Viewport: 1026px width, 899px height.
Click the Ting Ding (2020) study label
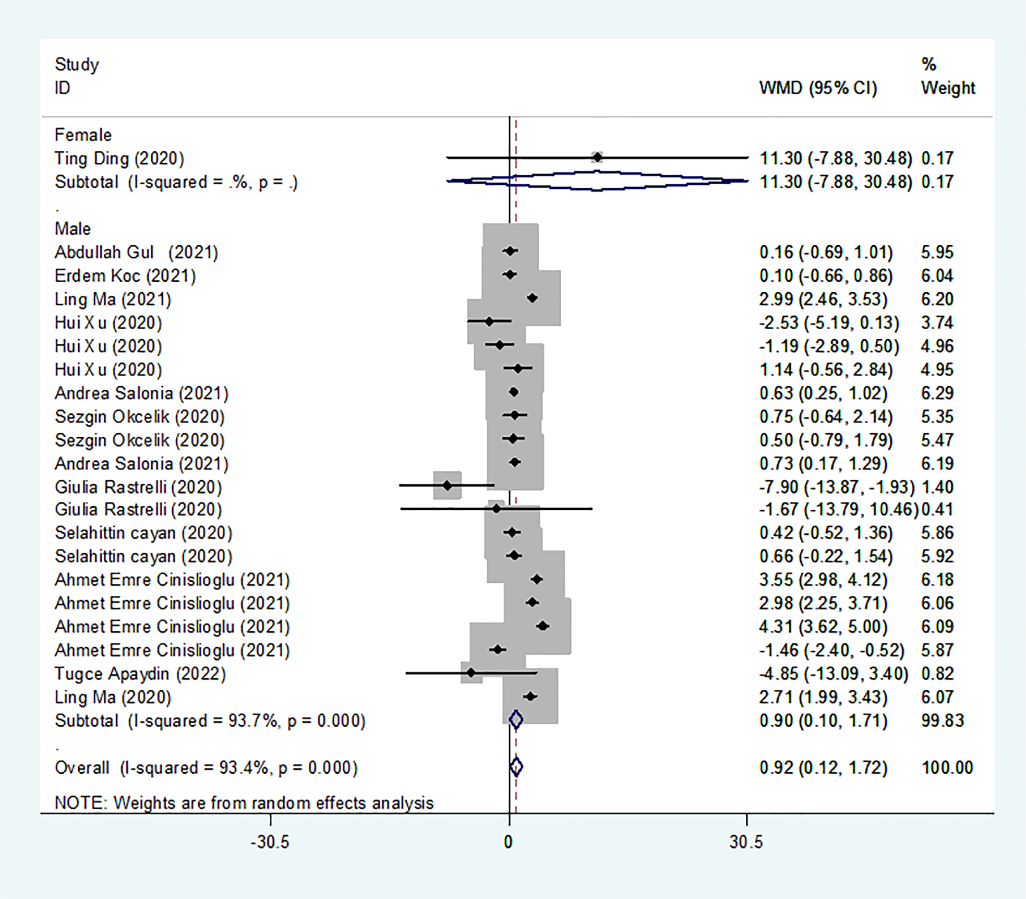(119, 158)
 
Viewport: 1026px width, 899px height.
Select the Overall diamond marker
(516, 766)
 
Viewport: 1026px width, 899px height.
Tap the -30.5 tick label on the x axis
(270, 842)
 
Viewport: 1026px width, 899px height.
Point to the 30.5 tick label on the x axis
(746, 842)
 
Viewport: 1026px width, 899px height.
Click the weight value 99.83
(942, 721)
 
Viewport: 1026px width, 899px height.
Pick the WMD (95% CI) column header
(818, 88)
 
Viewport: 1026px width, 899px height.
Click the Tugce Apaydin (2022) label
(140, 674)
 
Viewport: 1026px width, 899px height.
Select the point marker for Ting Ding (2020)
(597, 157)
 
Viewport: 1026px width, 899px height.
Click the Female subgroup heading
(83, 135)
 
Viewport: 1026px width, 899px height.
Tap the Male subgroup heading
(73, 229)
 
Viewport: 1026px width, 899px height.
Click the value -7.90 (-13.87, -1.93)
(837, 487)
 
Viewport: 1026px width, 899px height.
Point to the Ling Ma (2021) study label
(113, 299)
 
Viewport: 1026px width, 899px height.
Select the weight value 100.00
(947, 768)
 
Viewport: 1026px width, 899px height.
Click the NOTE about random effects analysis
(244, 802)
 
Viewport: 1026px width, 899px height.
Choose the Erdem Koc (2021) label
(125, 275)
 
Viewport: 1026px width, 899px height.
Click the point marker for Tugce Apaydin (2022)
(471, 673)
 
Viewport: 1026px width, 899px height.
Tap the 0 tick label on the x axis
(508, 842)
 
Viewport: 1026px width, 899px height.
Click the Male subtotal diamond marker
(515, 720)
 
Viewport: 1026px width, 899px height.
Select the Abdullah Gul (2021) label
(136, 252)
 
